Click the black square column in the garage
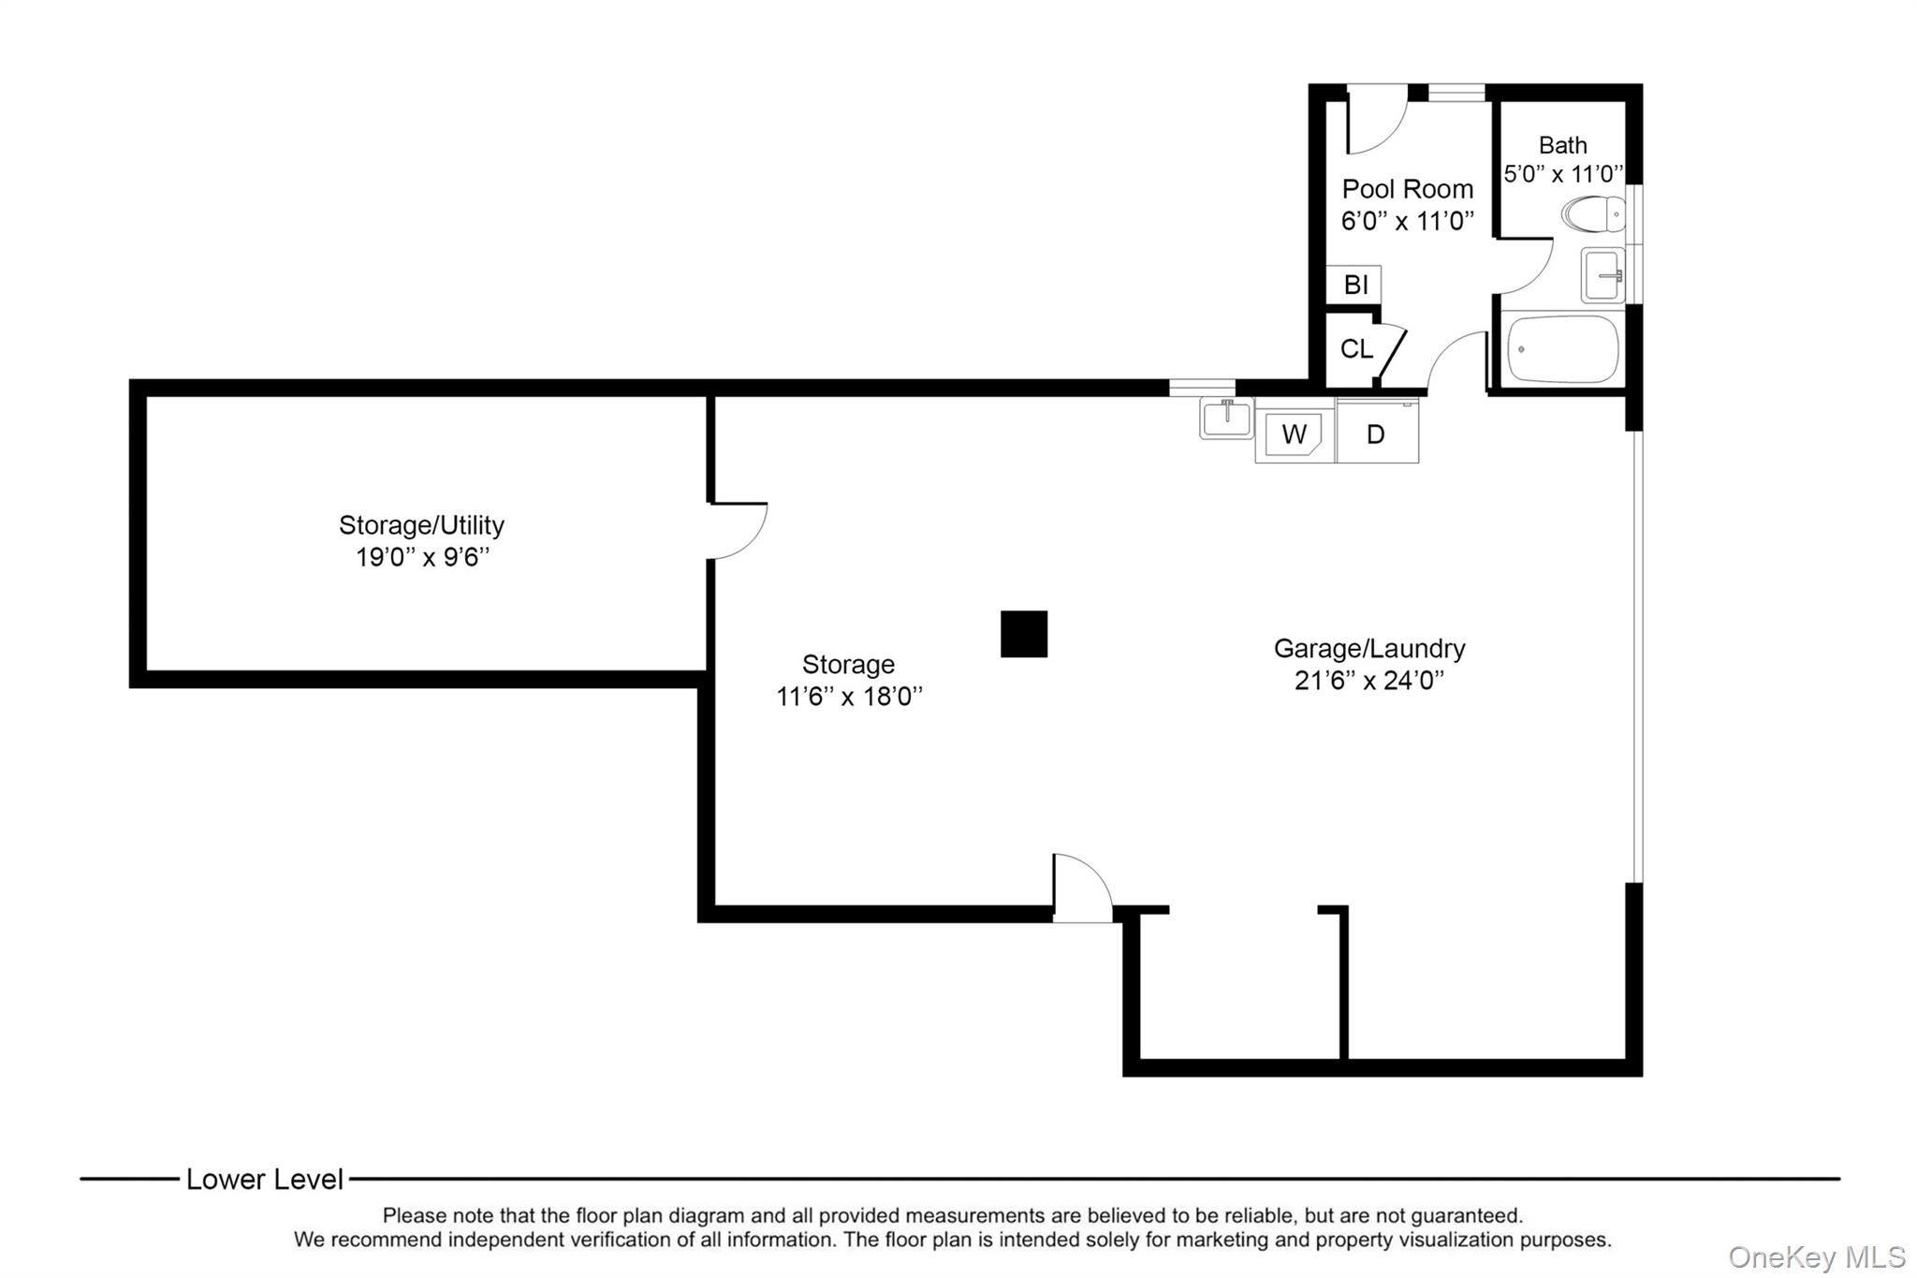1023,634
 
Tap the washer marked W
1294,433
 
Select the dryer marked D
1376,433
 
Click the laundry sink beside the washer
1226,418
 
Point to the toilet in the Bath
1594,213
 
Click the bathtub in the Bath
1561,349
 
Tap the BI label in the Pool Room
1355,285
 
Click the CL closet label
1355,349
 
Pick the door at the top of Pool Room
1376,117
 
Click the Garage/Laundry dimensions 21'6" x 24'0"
1368,681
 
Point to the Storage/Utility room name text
421,524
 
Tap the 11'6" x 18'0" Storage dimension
848,697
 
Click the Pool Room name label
1407,189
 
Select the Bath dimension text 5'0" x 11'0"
1562,174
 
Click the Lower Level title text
265,1180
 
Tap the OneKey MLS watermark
1816,1256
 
